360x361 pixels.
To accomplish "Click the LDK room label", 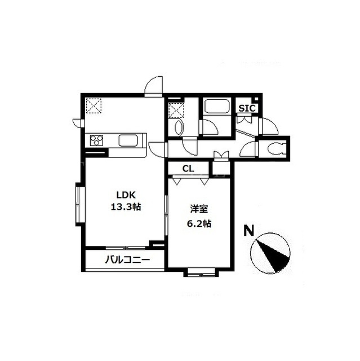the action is tap(126, 195).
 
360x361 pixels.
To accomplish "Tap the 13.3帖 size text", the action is tap(126, 207).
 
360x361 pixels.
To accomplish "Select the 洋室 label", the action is tap(199, 209).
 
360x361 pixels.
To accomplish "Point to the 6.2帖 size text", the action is tap(199, 223).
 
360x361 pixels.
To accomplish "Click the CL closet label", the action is tap(188, 169).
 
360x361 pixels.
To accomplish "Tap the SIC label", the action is tap(247, 108).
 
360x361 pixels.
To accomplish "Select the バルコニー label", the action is tap(127, 260).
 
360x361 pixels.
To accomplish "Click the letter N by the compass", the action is tap(248, 231).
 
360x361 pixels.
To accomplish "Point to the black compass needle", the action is tap(273, 256).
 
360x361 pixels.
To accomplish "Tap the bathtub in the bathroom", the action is tap(217, 106).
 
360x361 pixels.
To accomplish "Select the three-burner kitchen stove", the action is tap(96, 140).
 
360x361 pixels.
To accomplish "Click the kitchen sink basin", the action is tap(128, 140).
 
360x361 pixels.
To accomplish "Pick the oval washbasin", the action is tap(179, 128).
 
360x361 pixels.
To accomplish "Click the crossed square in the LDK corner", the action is tap(94, 106).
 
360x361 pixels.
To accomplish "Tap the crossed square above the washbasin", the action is tap(176, 110).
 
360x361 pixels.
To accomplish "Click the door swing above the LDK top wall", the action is tap(154, 86).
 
